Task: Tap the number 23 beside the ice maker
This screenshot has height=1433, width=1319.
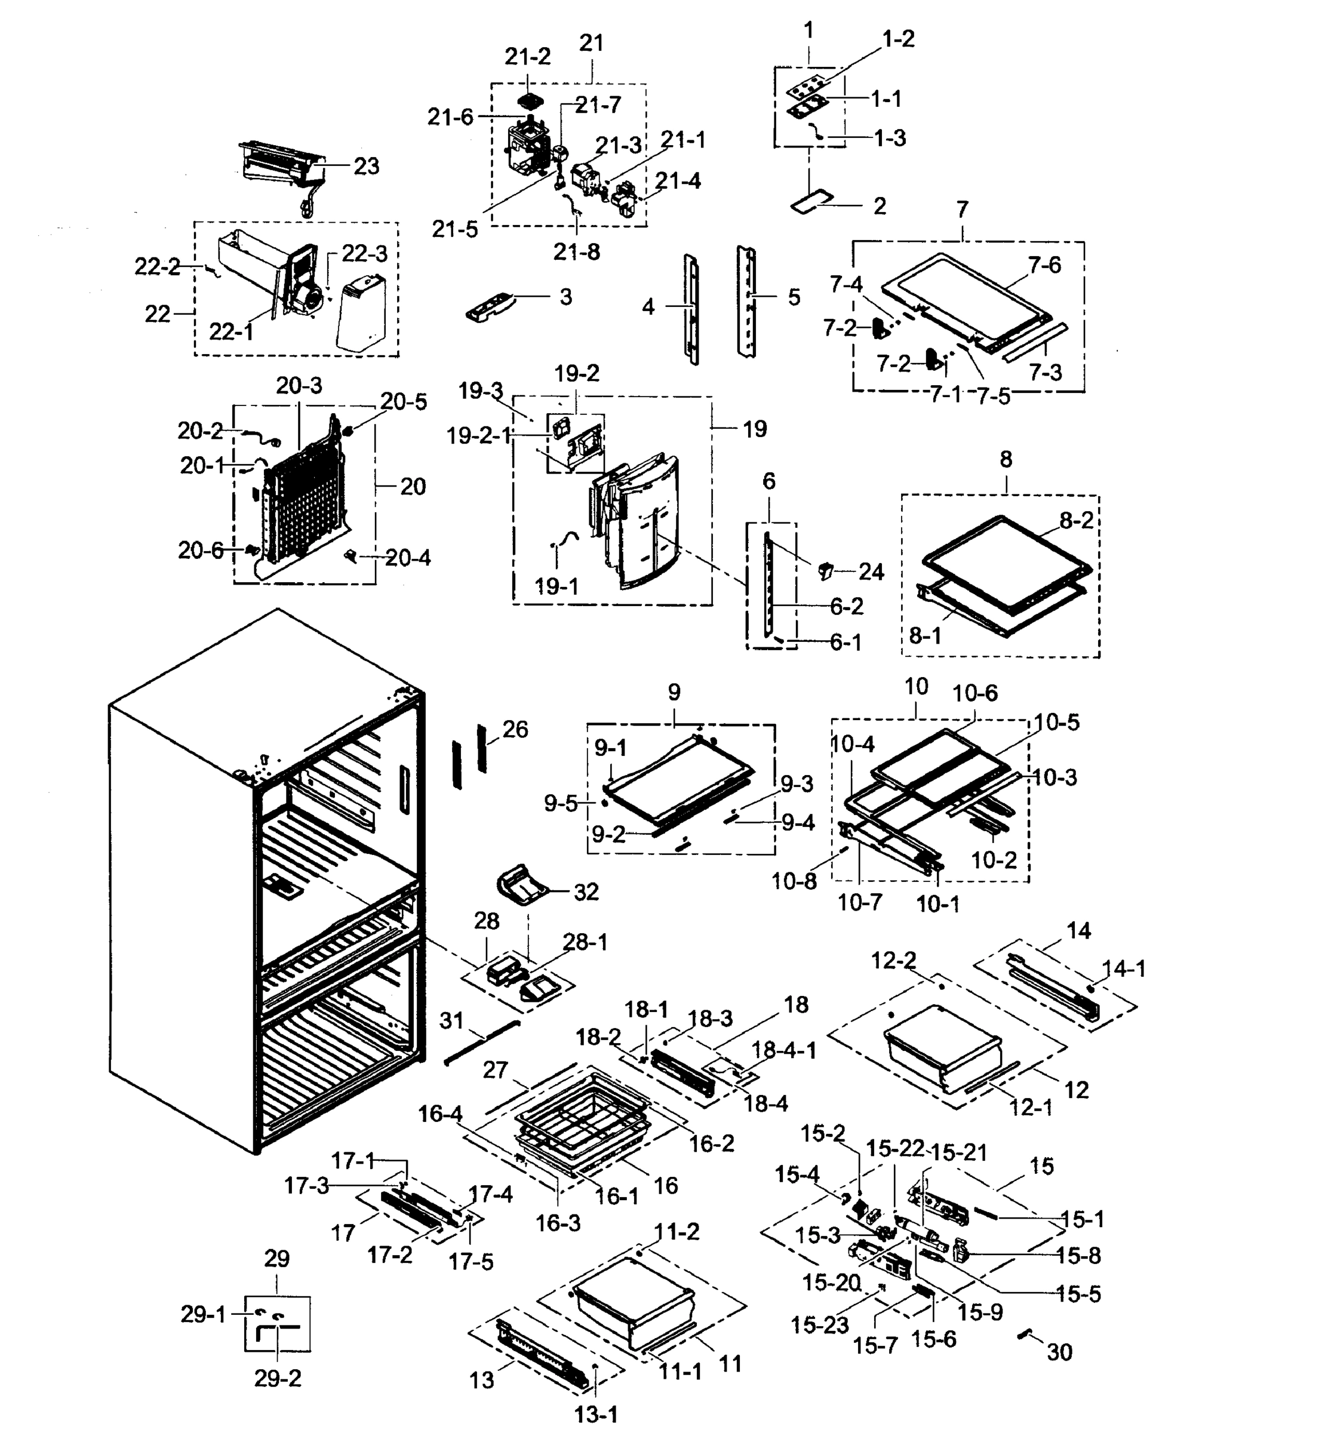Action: (366, 166)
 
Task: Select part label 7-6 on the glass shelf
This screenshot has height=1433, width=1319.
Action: (1045, 266)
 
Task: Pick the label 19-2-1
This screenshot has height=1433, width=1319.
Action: (478, 435)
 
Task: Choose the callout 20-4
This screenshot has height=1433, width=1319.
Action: (408, 558)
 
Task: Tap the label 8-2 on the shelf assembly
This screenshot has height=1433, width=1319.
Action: (1077, 521)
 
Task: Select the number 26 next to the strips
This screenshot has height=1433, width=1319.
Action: (515, 730)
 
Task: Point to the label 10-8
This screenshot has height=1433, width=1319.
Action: (794, 881)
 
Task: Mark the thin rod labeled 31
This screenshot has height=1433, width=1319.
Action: (482, 1042)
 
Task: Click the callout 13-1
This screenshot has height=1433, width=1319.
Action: (596, 1414)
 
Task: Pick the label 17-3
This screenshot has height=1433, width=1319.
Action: (306, 1185)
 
